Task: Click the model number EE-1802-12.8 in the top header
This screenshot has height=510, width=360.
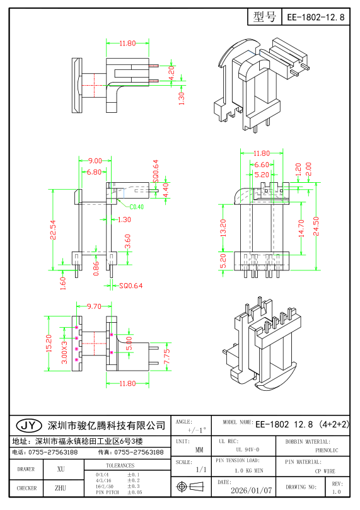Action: coord(315,18)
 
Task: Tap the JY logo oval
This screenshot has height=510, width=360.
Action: coord(28,426)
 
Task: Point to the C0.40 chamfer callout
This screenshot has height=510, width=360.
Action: coord(137,207)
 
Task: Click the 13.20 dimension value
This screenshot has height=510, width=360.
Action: coord(223,228)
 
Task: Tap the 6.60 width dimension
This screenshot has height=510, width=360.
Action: coord(261,165)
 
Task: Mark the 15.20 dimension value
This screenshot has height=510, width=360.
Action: coord(49,344)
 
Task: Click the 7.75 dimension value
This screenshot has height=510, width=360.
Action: coord(166,356)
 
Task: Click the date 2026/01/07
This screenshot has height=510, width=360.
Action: coord(252,489)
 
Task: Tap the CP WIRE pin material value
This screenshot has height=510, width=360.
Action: coord(325,471)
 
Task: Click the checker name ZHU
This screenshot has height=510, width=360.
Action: coord(61,488)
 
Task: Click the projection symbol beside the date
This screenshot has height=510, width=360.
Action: coord(192,487)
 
